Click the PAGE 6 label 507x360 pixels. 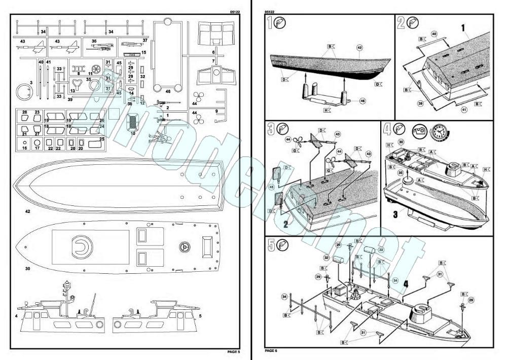coord(272,350)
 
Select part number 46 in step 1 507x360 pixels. coord(363,101)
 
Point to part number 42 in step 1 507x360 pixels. coord(359,48)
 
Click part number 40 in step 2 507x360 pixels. coord(433,34)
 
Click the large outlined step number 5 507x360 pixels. coord(271,245)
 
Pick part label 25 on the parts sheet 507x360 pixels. coord(101,139)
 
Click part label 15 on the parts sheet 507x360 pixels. coord(144,52)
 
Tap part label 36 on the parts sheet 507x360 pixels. coord(94,41)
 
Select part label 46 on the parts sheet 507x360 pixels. coord(168,91)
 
